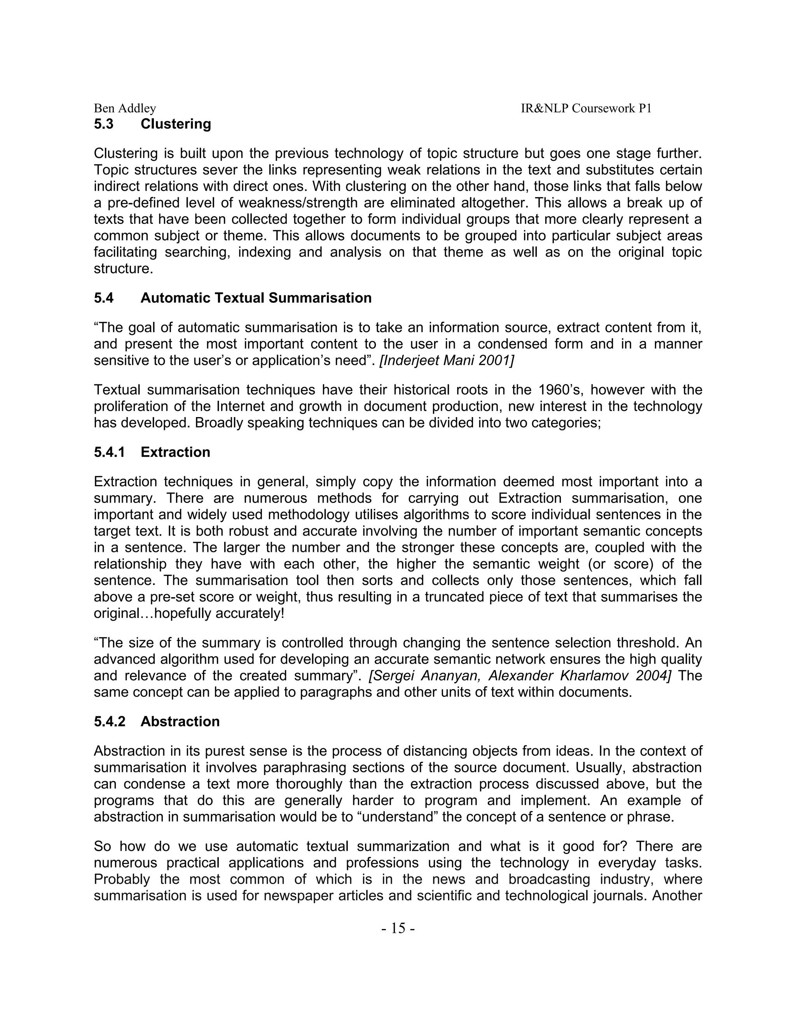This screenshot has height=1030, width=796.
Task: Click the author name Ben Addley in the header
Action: point(125,108)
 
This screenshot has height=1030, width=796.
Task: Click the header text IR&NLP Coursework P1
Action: point(586,108)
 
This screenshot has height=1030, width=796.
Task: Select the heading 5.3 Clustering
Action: point(152,124)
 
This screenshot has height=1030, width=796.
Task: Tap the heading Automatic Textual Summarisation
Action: point(256,298)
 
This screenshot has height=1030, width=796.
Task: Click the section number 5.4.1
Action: point(109,452)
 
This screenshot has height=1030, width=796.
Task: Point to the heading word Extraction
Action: point(175,452)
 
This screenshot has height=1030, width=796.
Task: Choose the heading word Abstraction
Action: point(180,721)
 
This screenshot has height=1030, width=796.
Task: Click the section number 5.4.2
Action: point(109,721)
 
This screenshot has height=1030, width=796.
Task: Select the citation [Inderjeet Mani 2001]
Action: point(447,361)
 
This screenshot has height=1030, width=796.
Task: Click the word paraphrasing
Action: point(305,767)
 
